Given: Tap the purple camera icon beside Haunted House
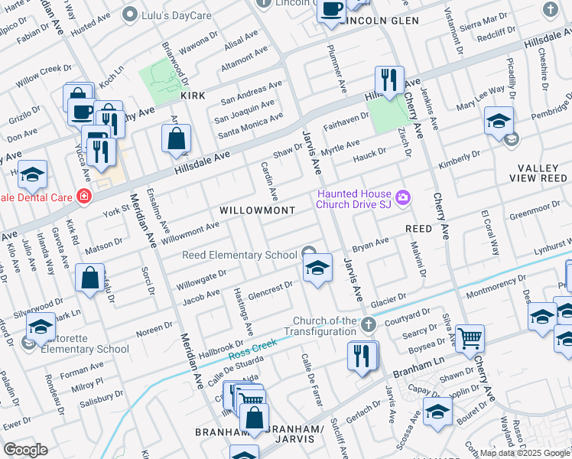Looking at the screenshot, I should [403, 200].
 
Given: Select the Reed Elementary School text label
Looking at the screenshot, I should [239, 255].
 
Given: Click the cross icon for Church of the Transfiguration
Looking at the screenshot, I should [368, 326].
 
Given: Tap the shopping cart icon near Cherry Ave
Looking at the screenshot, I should [470, 337].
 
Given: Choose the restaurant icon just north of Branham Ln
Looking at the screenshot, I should [362, 356].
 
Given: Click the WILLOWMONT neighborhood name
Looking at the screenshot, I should [246, 209].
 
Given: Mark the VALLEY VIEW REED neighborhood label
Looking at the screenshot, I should [531, 173].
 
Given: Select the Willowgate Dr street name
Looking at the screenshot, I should [202, 275].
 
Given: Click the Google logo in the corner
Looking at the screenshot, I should [25, 450].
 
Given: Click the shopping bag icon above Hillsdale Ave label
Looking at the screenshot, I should [176, 138].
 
